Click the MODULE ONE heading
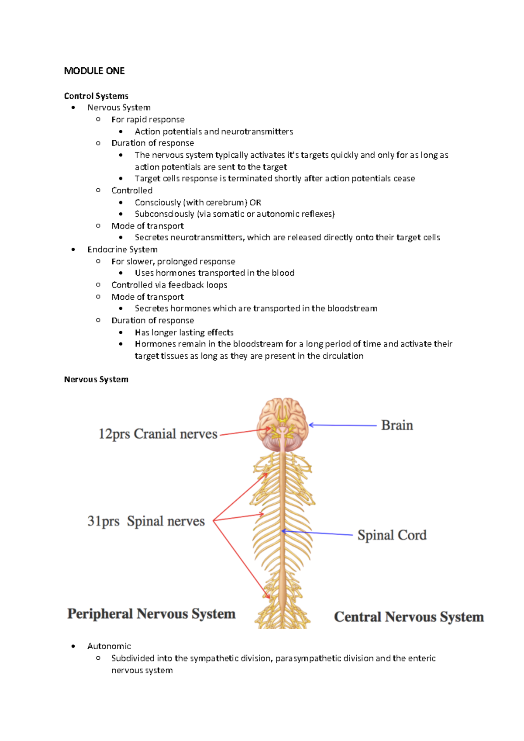(x=94, y=71)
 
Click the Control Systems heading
(x=96, y=96)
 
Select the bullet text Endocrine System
(x=122, y=249)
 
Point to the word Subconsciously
(x=164, y=214)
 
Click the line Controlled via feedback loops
(x=169, y=285)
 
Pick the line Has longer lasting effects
(x=184, y=332)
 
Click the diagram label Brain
(x=396, y=425)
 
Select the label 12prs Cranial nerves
(x=158, y=434)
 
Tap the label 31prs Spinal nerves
(x=146, y=521)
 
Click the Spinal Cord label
(x=392, y=535)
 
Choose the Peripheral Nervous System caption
(x=151, y=614)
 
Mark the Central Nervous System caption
(x=409, y=617)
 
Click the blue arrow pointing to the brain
(x=343, y=425)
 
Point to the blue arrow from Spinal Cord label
(x=317, y=533)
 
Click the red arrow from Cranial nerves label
(x=245, y=432)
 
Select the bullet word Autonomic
(x=109, y=646)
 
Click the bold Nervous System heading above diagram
(x=96, y=379)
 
